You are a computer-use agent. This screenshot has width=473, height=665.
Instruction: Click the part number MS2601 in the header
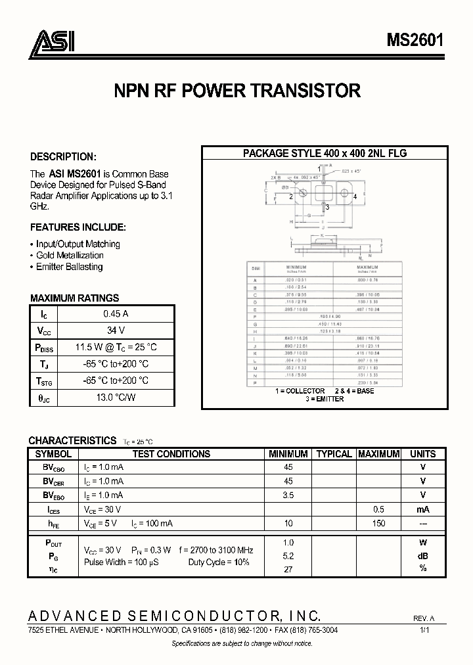(415, 41)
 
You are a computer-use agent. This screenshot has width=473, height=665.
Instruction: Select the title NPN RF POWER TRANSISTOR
(236, 91)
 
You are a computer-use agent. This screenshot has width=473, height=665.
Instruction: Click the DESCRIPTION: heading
(63, 157)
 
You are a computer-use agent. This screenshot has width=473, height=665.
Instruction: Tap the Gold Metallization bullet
(70, 255)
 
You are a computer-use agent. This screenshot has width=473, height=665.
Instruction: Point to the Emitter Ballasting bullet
(69, 267)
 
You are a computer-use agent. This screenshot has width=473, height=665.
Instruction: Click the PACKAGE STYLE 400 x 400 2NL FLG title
(325, 153)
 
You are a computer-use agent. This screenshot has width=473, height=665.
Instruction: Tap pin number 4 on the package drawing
(355, 196)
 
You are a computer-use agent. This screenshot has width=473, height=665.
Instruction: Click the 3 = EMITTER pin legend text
(325, 399)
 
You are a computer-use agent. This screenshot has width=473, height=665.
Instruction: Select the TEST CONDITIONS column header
(171, 453)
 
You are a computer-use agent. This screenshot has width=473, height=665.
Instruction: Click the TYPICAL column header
(334, 453)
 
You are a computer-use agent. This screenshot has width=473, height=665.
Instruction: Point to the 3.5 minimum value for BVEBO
(288, 495)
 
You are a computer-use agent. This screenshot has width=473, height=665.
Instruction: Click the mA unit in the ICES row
(422, 509)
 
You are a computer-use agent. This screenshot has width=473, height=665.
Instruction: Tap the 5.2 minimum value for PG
(288, 555)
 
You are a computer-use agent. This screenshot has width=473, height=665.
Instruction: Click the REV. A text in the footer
(424, 619)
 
